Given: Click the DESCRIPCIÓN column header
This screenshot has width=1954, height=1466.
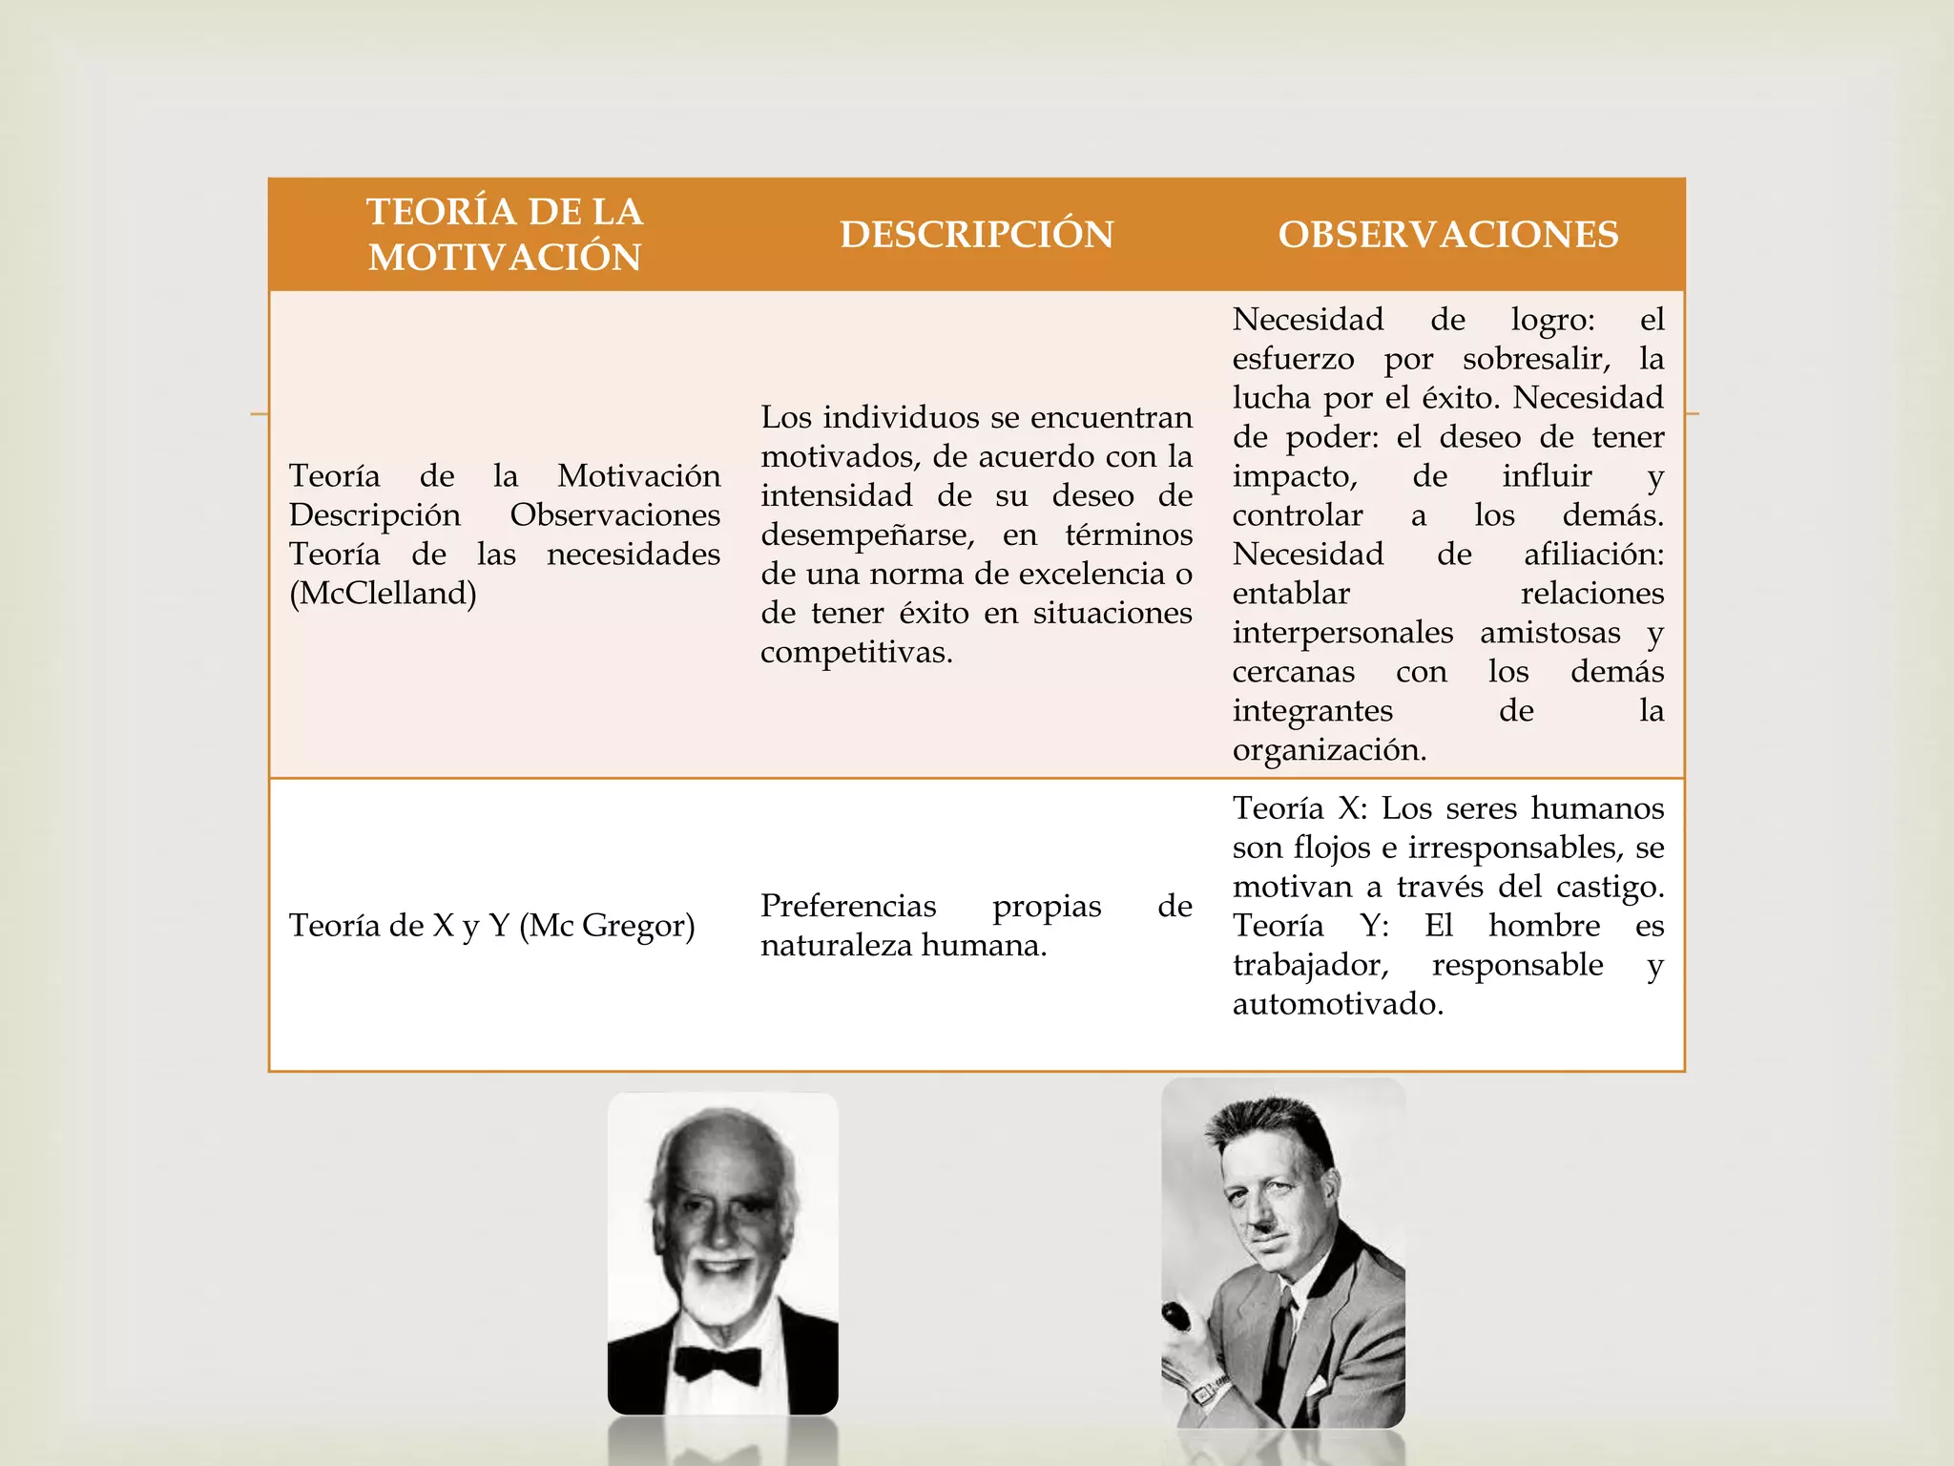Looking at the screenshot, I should coord(976,235).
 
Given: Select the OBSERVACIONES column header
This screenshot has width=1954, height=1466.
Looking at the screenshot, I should coord(1448,235).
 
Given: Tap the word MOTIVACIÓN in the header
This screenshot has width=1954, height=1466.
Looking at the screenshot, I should coord(505,258).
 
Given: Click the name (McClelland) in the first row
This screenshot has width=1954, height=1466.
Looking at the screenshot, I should coord(383,594).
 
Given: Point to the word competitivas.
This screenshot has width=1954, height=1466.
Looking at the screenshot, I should coord(856,653).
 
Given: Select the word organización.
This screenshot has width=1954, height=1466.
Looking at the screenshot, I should coord(1328,750).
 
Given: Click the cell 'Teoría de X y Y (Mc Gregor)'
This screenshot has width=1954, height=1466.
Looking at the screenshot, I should coord(491,926).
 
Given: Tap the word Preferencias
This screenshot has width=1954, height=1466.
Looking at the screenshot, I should coord(848,906).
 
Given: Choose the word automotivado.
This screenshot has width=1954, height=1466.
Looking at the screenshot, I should coord(1337,1004).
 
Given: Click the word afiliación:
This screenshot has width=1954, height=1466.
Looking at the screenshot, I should coord(1593,555).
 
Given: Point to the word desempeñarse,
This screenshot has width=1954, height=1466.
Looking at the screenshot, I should coord(867,535).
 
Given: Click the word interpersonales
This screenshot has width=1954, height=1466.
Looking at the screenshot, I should coord(1341,633).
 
